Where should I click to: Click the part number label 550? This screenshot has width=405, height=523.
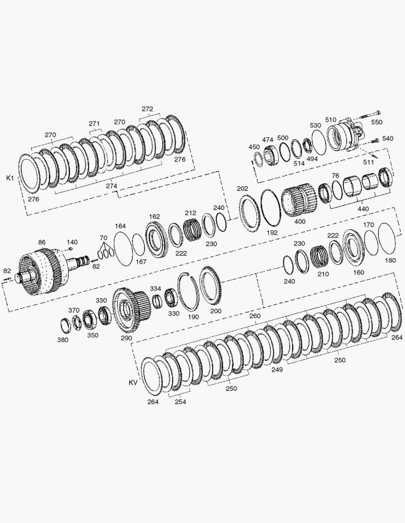click(376, 122)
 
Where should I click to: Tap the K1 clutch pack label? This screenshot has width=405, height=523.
click(10, 178)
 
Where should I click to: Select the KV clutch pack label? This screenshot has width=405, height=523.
click(133, 383)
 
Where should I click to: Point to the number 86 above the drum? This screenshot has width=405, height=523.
click(41, 242)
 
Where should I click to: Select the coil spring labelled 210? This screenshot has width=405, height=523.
click(320, 257)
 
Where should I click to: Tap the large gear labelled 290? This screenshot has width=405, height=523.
click(131, 310)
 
